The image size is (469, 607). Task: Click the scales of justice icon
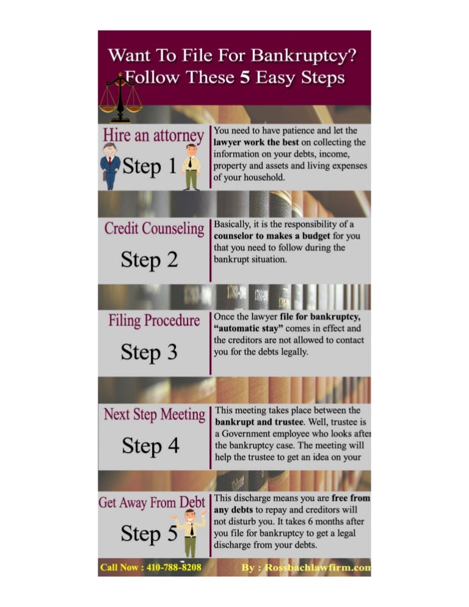click(120, 98)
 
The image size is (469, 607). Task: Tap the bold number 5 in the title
click(245, 77)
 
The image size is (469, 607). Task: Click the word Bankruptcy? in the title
click(304, 56)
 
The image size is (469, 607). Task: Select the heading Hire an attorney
click(153, 136)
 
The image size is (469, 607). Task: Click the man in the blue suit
click(110, 166)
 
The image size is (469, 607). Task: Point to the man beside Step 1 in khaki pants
click(191, 167)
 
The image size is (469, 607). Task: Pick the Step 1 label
click(150, 167)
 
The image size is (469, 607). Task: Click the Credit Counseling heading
click(154, 228)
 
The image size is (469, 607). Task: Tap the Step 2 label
click(149, 260)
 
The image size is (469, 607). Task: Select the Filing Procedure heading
click(154, 321)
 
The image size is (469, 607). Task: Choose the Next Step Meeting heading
click(154, 414)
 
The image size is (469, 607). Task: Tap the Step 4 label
click(150, 446)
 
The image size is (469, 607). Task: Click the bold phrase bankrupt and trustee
click(259, 422)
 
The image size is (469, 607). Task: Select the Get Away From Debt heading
click(151, 503)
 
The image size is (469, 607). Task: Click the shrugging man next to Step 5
click(189, 532)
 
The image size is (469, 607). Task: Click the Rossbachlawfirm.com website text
click(318, 568)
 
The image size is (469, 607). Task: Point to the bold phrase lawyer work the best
click(256, 142)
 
